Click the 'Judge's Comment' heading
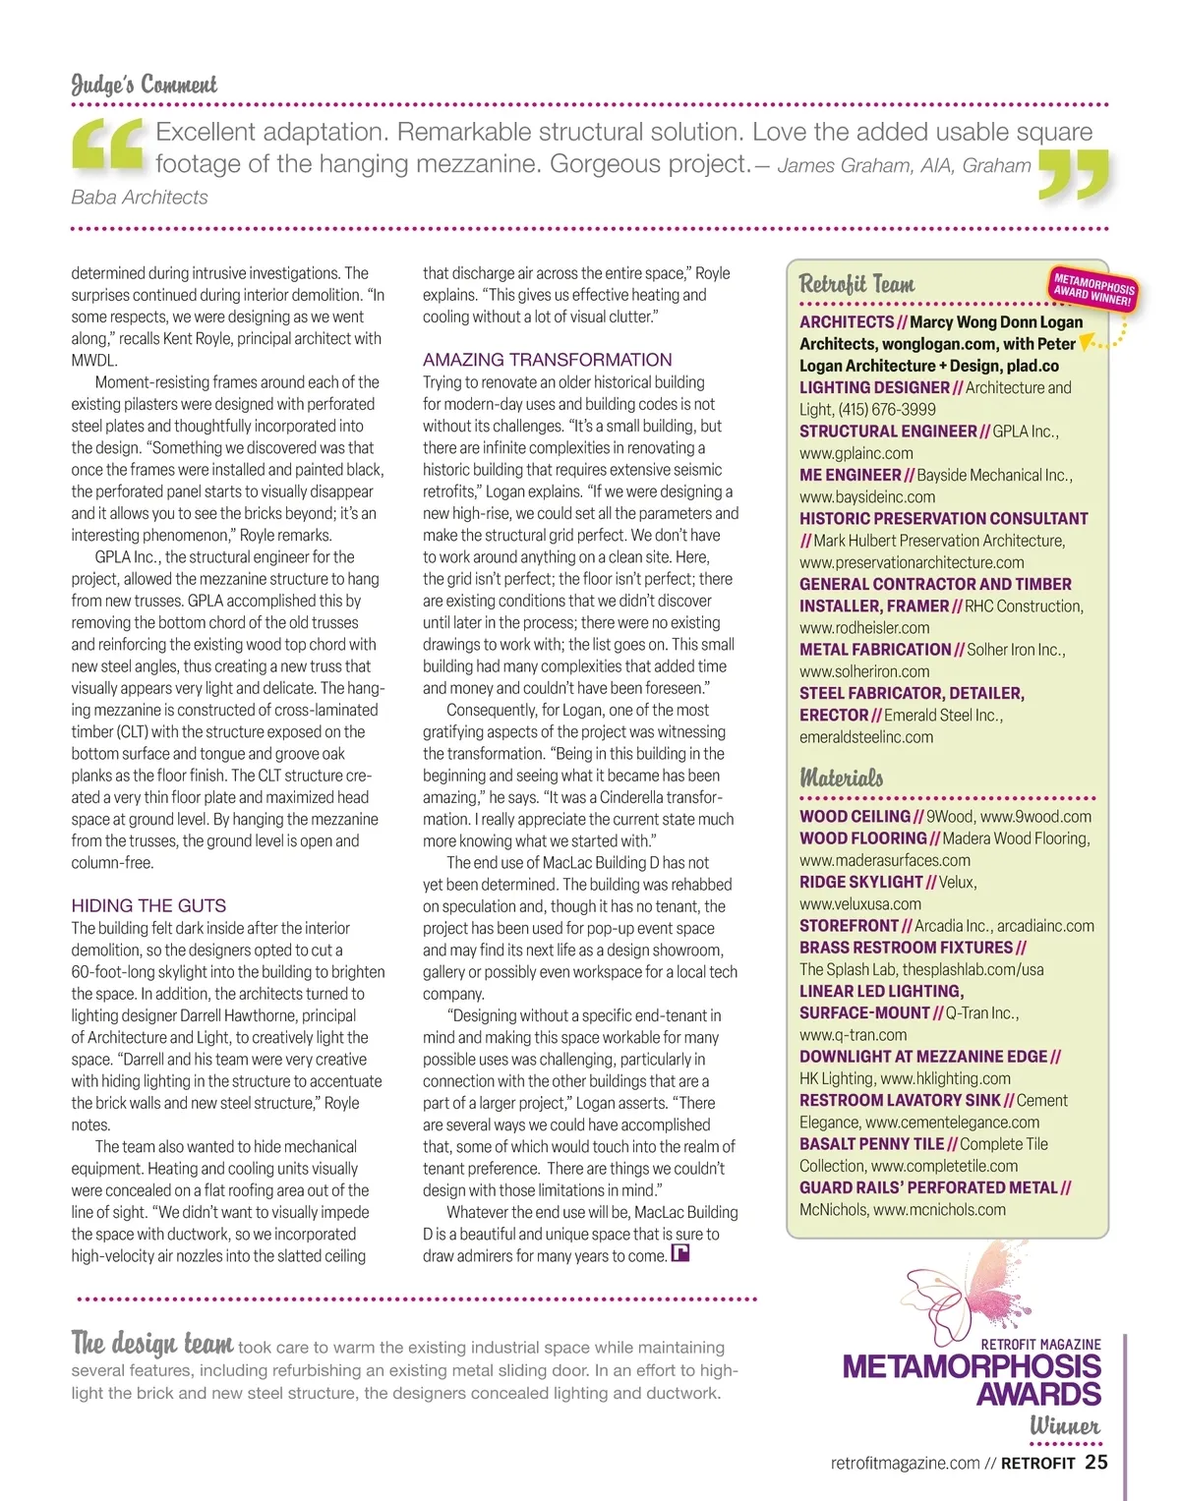pos(144,85)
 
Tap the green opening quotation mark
pos(107,144)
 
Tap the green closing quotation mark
pos(1073,175)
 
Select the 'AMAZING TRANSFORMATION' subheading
pos(548,360)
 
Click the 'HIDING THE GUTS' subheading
pos(148,905)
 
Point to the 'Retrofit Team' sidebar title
pos(856,284)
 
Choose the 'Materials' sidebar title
pos(841,778)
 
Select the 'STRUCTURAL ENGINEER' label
pos(888,432)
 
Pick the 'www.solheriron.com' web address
pos(864,671)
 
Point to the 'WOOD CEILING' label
pos(855,816)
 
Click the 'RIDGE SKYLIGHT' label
pos(860,882)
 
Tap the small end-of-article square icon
pos(679,1253)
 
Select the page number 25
pos(1096,1462)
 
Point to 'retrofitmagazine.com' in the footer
pos(905,1463)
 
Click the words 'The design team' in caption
pos(152,1343)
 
